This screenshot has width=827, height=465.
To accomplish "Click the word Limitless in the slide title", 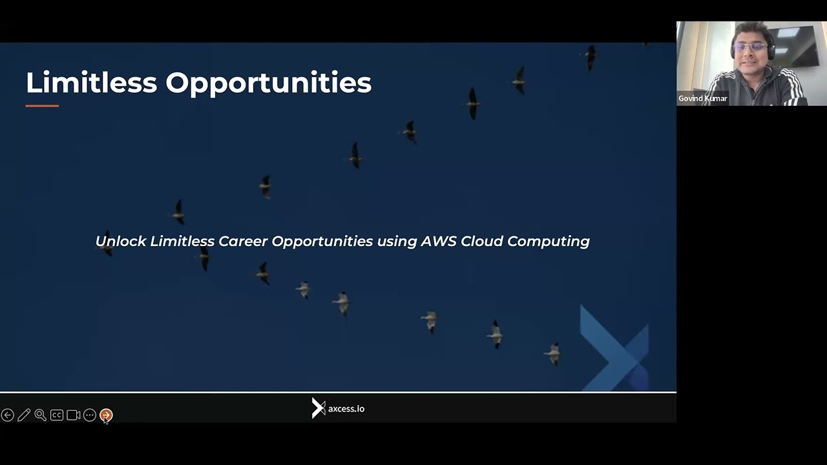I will click(x=91, y=83).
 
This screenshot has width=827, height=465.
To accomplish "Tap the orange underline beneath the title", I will click(x=42, y=106).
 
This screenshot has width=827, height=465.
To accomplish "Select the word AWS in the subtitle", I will click(x=439, y=241).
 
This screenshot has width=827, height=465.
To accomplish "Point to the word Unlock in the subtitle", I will click(x=121, y=241).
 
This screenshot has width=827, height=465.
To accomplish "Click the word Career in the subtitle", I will click(x=243, y=241).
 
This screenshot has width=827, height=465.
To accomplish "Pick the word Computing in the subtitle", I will click(x=549, y=242).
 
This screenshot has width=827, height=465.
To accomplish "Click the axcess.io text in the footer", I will click(x=346, y=409).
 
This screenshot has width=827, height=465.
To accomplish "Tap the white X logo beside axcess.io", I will click(x=318, y=408).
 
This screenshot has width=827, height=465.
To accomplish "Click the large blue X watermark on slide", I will click(x=614, y=349).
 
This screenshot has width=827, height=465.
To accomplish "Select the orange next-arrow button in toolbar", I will click(x=106, y=415).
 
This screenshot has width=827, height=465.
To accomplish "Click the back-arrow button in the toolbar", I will click(x=8, y=415).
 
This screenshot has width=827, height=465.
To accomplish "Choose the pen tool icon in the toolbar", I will click(x=24, y=415).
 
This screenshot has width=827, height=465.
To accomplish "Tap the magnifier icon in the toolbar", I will click(x=40, y=415).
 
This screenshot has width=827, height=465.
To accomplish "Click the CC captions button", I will click(x=57, y=415).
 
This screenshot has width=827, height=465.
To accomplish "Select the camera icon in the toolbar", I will click(x=74, y=415).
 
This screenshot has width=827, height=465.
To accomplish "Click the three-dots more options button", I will click(x=90, y=415).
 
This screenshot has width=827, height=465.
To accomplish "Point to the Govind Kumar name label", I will click(x=703, y=99).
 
